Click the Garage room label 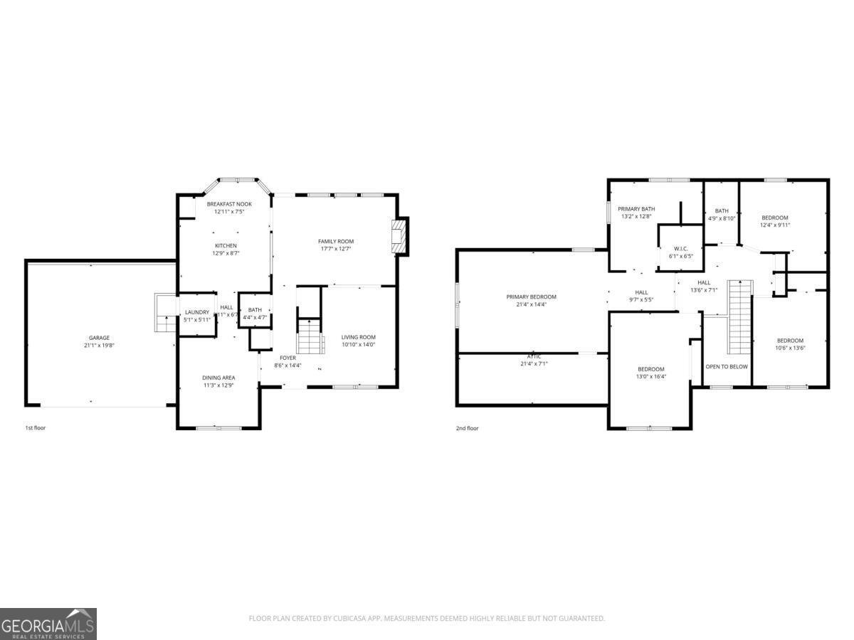pyautogui.click(x=99, y=338)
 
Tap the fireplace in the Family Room pyautogui.click(x=401, y=236)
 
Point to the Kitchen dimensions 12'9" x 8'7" pyautogui.click(x=225, y=253)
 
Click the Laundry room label pyautogui.click(x=197, y=312)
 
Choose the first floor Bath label pyautogui.click(x=255, y=310)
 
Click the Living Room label pyautogui.click(x=358, y=337)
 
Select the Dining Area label pyautogui.click(x=218, y=378)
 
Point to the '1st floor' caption pyautogui.click(x=36, y=428)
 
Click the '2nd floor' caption pyautogui.click(x=468, y=428)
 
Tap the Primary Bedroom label pyautogui.click(x=531, y=297)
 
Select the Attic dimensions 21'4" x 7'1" pyautogui.click(x=534, y=364)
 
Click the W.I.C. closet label pyautogui.click(x=680, y=248)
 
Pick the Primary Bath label pyautogui.click(x=636, y=208)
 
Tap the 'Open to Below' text pyautogui.click(x=727, y=367)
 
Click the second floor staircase pyautogui.click(x=739, y=316)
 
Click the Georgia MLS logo pyautogui.click(x=48, y=624)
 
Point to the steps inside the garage pyautogui.click(x=165, y=314)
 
